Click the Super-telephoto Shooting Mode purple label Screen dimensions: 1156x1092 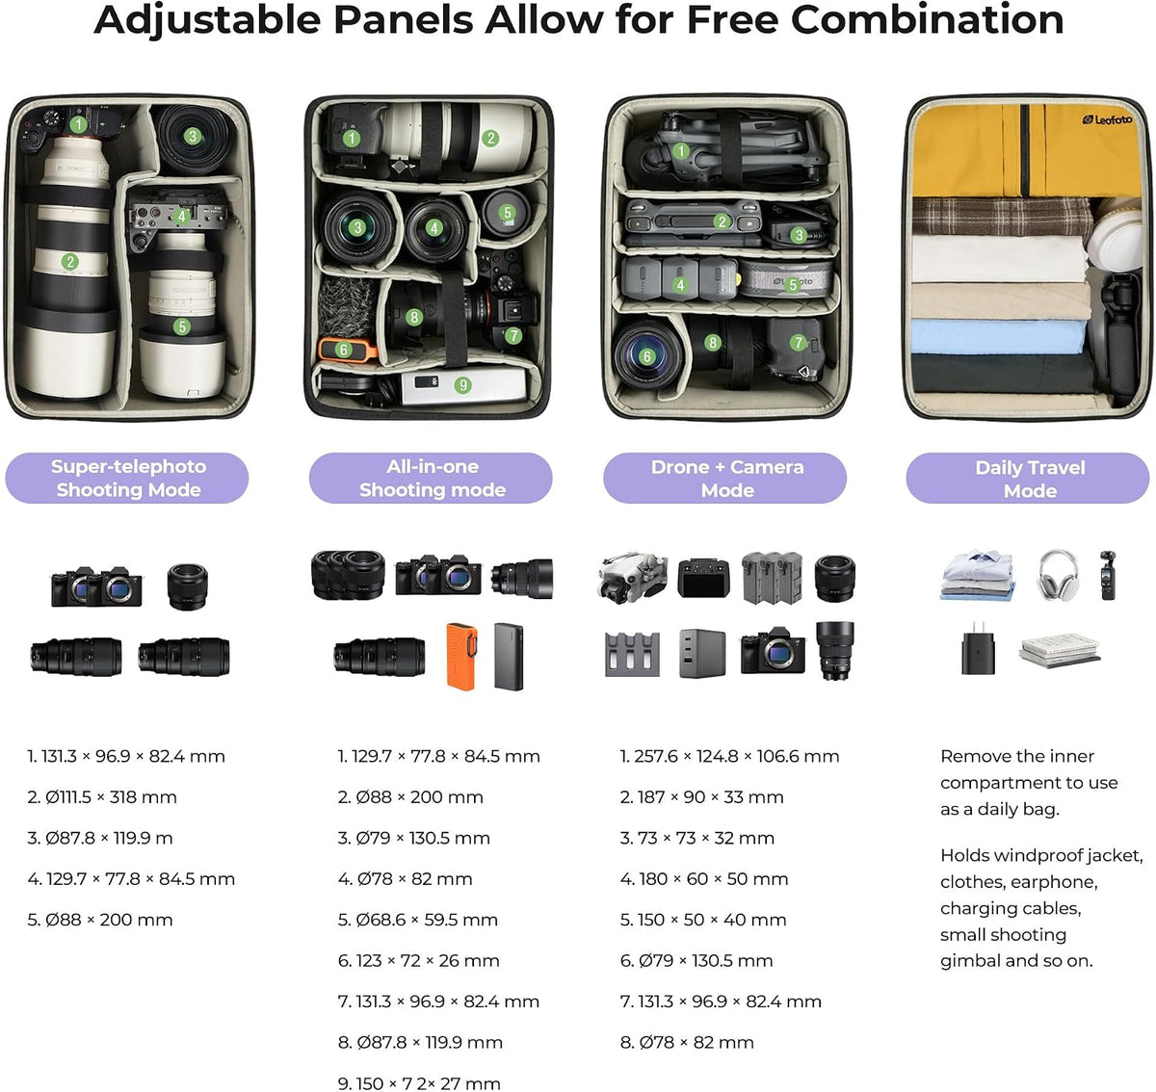[127, 478]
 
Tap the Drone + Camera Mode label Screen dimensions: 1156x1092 [724, 478]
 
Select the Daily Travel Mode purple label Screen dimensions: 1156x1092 [1027, 478]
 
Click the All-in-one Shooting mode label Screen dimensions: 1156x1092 [431, 478]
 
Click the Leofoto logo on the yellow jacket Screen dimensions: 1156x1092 [1107, 120]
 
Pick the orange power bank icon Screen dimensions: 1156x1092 [462, 656]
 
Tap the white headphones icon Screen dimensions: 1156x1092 [1057, 575]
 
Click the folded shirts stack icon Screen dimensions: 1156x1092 [977, 575]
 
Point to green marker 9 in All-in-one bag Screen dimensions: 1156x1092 [462, 385]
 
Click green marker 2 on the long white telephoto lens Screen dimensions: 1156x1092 [70, 261]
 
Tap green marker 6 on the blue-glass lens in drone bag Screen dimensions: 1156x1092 [646, 356]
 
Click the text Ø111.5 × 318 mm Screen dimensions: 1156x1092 [111, 797]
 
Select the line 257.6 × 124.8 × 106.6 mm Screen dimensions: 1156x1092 [736, 756]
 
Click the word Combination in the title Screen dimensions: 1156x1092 [928, 20]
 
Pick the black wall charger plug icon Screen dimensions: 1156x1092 [978, 648]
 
